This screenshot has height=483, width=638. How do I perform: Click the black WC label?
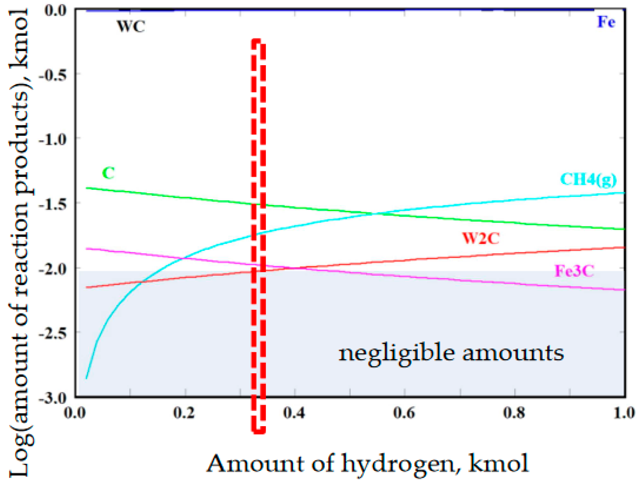click(x=131, y=26)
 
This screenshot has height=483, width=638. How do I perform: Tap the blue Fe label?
click(x=606, y=22)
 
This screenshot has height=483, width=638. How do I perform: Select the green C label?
click(x=109, y=173)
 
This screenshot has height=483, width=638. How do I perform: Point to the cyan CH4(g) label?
click(x=588, y=180)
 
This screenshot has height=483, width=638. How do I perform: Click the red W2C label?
click(x=481, y=238)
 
